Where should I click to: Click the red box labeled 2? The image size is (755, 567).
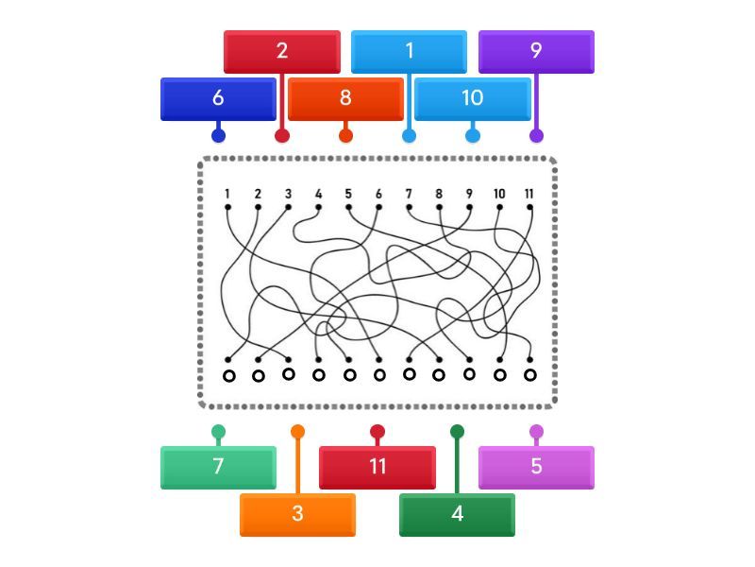(282, 52)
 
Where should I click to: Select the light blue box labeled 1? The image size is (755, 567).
(409, 52)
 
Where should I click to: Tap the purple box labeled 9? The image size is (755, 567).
(536, 52)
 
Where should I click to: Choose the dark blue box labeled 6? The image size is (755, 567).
(218, 99)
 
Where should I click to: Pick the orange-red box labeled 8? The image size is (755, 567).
(345, 99)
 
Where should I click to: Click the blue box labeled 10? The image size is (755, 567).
(473, 99)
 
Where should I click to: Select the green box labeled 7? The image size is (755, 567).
(218, 468)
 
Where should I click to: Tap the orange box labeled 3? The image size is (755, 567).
(297, 515)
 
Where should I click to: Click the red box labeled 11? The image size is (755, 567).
(377, 468)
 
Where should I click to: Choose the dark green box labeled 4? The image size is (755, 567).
(457, 515)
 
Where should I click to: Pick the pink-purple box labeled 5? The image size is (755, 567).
(536, 468)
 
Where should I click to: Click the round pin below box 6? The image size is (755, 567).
(219, 135)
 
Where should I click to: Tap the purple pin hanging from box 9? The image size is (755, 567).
(536, 135)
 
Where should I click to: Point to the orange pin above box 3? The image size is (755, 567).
(297, 432)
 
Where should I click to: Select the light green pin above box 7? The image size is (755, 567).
(218, 432)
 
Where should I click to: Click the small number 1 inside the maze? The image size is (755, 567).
(227, 194)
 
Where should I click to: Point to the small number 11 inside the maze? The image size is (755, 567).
(529, 194)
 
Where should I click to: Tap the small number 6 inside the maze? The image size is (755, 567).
(378, 194)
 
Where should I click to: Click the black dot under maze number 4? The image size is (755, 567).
(318, 207)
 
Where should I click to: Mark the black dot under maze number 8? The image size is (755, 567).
(439, 207)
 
